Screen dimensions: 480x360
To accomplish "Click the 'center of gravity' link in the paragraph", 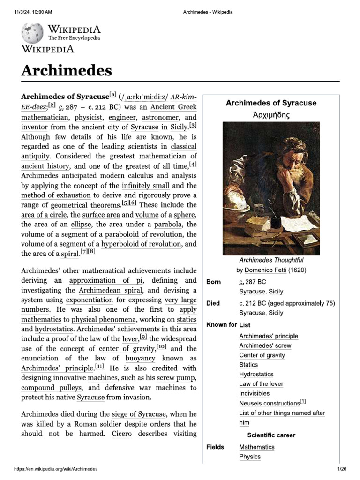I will pos(127,349).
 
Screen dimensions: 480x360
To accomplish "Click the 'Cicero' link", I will pos(121,434).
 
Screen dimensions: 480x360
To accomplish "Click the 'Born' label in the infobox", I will pos(214,282).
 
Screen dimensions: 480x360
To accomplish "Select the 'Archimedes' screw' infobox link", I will pos(265,345).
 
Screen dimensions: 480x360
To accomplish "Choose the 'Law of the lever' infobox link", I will pos(261,384).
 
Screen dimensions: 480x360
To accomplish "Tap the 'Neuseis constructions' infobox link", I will pos(269,403).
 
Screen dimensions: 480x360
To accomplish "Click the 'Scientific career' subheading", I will pos(271,435).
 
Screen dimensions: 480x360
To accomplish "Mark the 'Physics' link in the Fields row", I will pos(250,457).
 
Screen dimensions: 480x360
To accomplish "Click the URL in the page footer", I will pos(56,469).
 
